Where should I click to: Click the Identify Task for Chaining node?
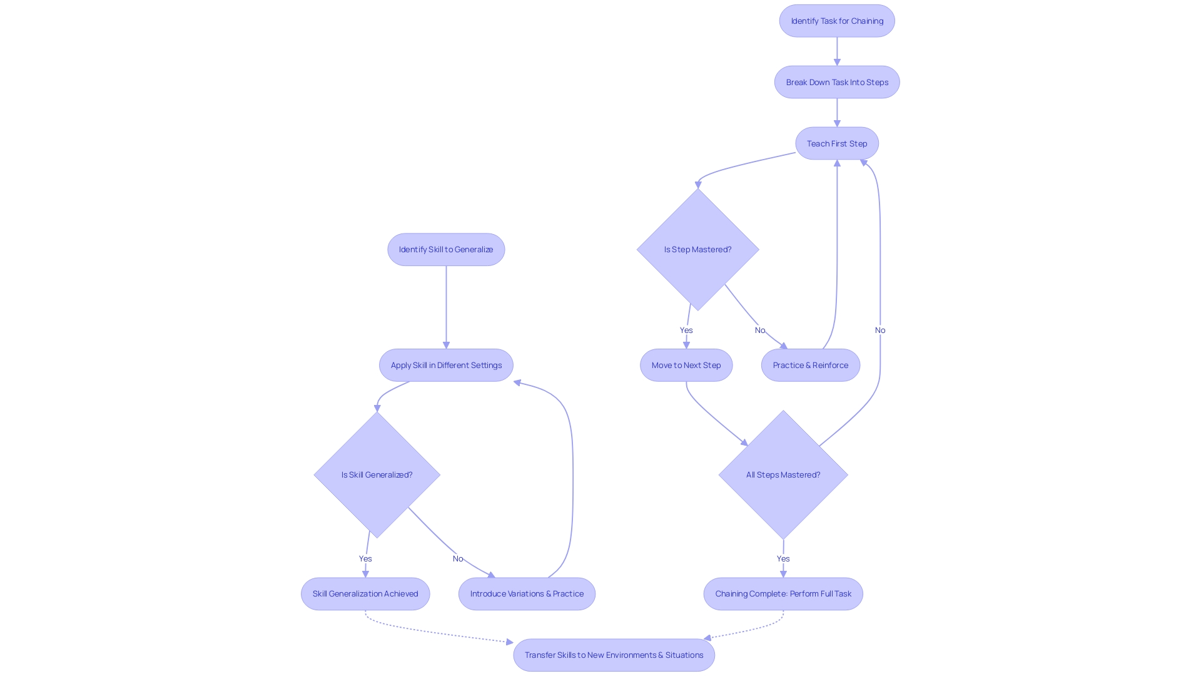837,21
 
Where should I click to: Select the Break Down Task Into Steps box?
837,82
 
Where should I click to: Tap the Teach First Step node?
837,143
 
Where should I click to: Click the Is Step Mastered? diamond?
697,249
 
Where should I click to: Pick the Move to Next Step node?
686,365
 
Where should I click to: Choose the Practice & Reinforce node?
811,365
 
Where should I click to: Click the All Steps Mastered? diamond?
783,474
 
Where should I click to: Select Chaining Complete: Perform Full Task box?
783,593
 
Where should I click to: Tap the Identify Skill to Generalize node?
446,249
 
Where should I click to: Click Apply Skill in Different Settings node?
446,365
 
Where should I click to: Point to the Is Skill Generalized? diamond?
377,474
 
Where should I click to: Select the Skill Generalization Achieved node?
365,593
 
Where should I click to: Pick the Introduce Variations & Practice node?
527,593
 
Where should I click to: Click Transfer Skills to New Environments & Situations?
614,655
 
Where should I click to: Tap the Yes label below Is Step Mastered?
686,330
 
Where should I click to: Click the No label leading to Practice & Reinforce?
760,330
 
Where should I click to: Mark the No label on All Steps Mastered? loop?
880,330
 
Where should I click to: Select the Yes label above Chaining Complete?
783,558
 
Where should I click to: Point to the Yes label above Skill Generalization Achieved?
365,558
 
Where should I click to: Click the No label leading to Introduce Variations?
458,558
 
